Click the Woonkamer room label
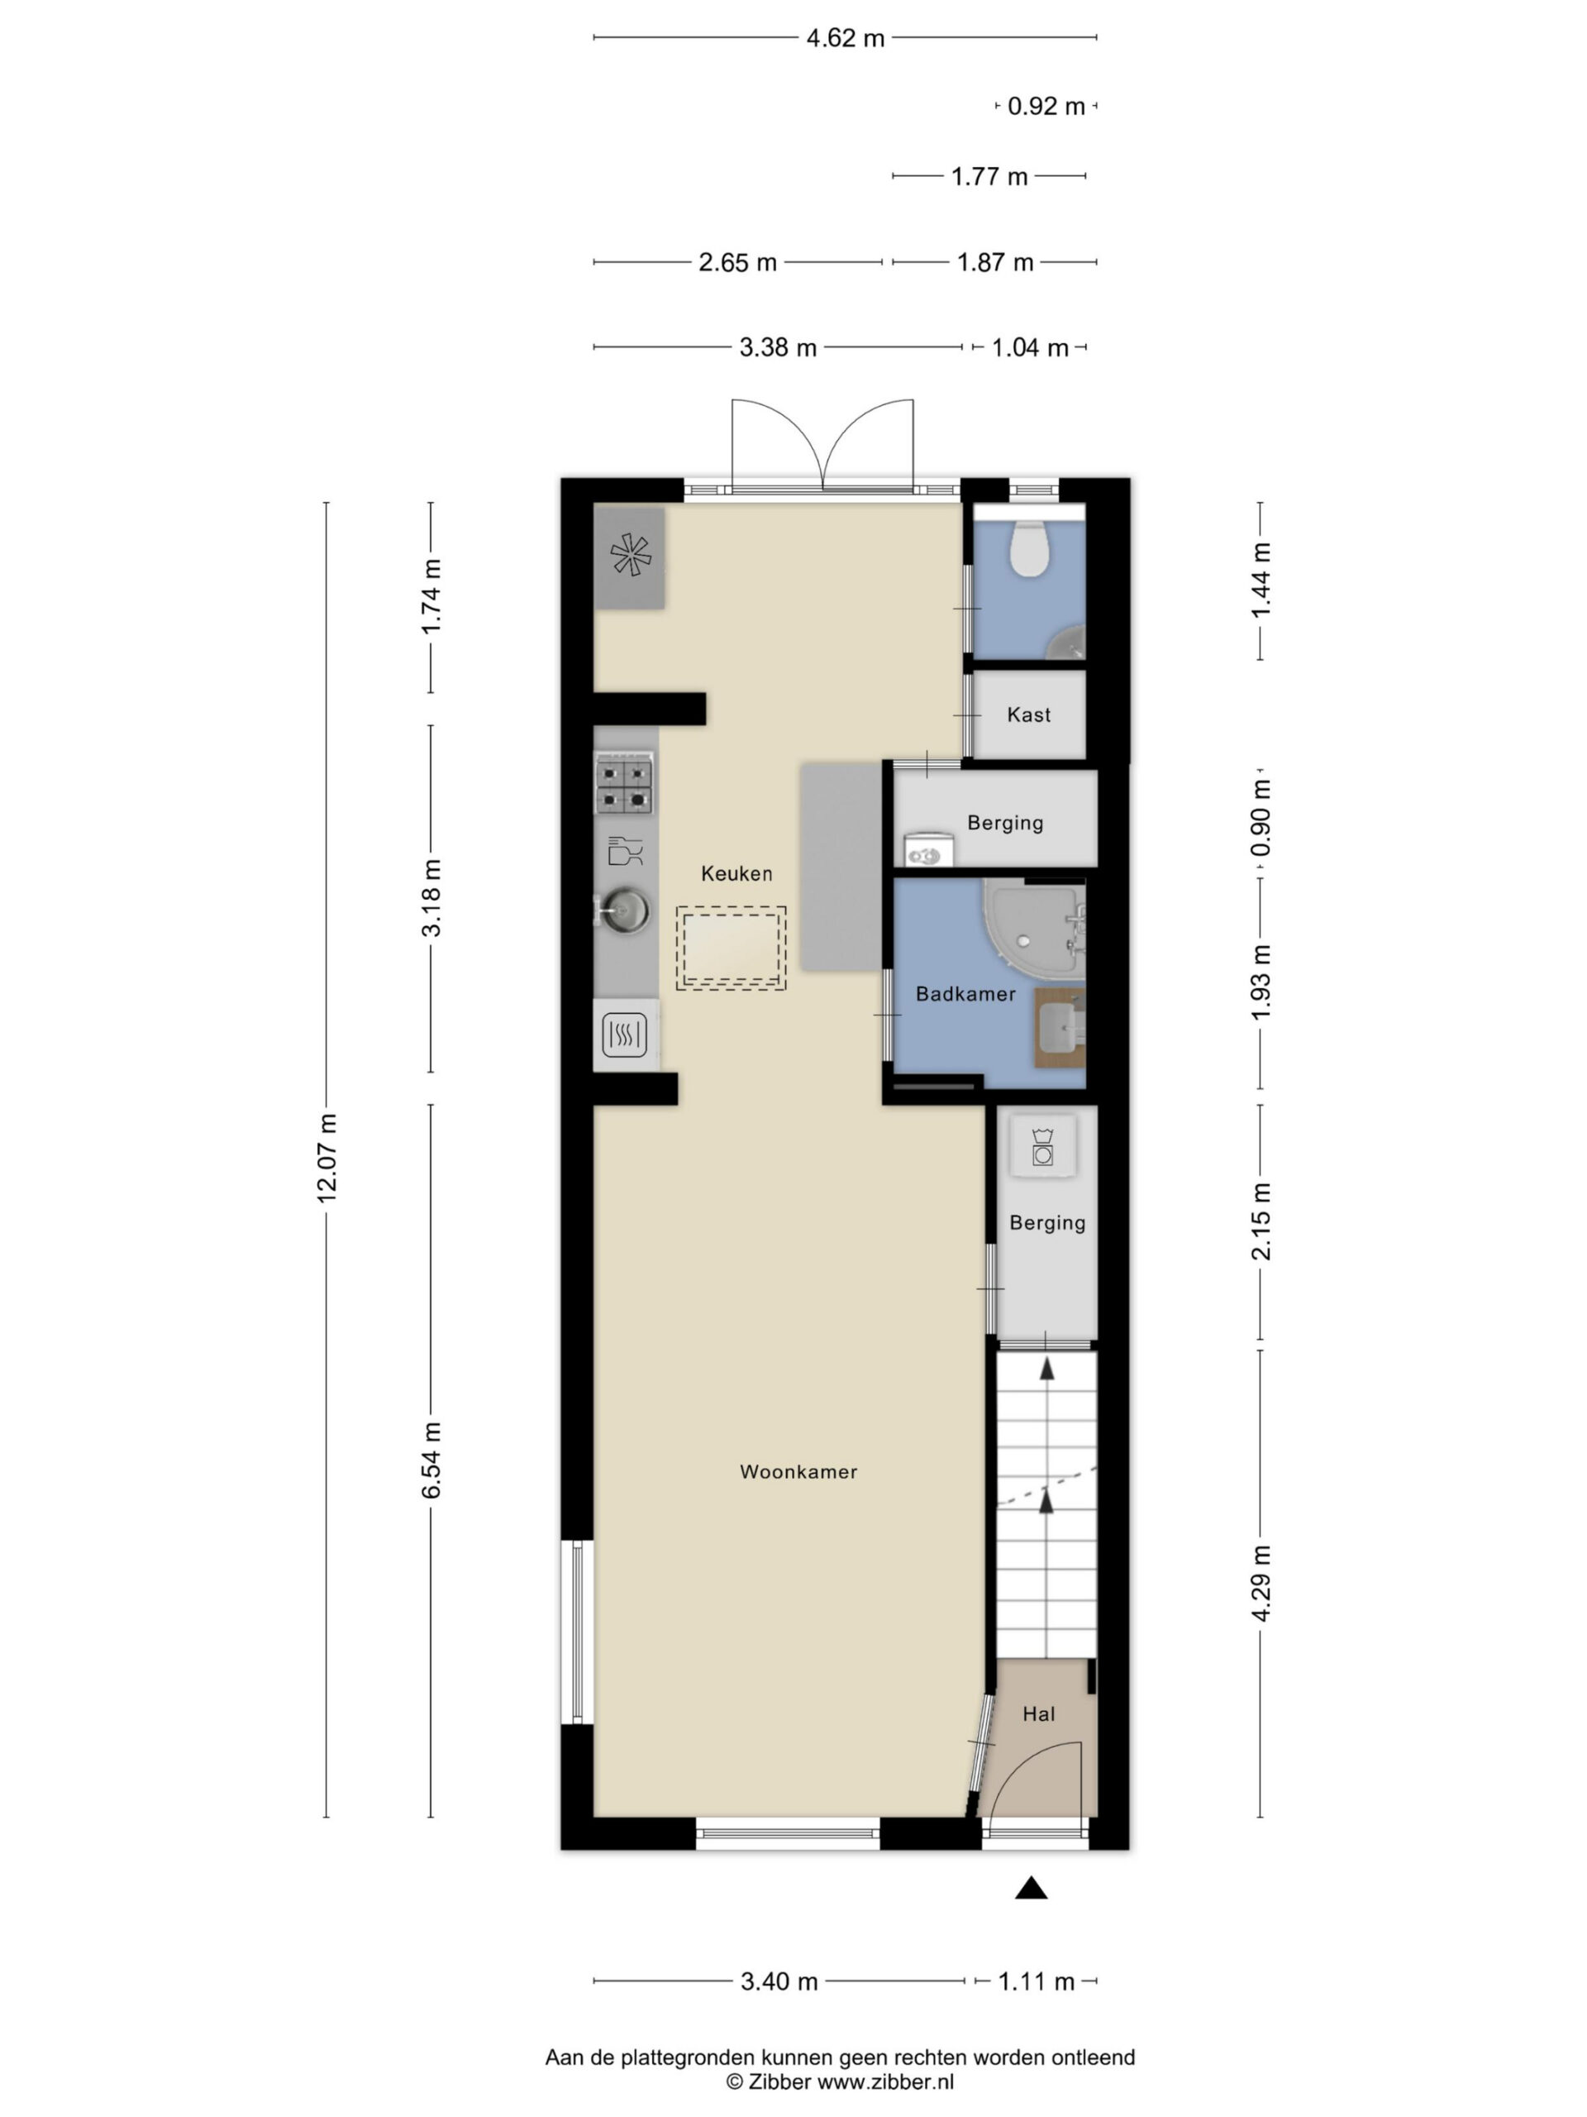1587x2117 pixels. pos(798,1471)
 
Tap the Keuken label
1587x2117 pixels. pos(736,872)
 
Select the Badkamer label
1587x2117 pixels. pos(965,993)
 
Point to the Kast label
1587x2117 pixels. pos(1028,714)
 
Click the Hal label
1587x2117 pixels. pos(1038,1713)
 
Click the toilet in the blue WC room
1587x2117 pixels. pos(1030,548)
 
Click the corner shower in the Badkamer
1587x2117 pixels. pos(1034,925)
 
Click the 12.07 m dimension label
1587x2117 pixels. pos(327,1157)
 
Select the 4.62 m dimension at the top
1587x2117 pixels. pos(845,38)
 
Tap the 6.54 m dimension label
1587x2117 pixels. pos(431,1460)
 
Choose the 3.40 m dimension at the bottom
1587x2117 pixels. pos(779,1981)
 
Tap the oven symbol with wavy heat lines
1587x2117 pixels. pos(625,1035)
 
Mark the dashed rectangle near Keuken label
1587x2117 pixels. pos(731,948)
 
